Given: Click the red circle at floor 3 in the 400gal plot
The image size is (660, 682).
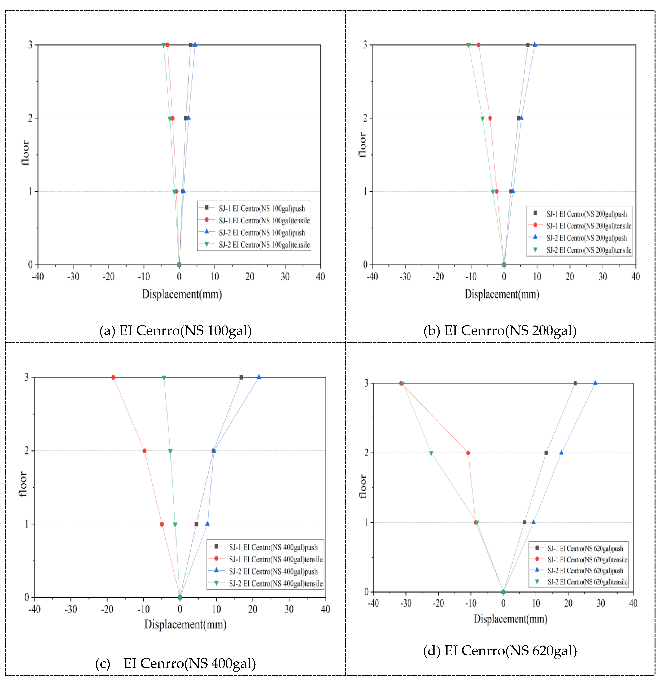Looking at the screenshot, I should (113, 377).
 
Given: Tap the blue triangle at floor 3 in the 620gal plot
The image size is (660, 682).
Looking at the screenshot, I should (595, 383).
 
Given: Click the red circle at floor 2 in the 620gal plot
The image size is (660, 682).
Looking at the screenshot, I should (468, 453).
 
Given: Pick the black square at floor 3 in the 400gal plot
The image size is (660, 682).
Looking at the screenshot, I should (241, 377).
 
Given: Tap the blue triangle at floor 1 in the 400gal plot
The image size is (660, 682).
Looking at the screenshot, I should (207, 524).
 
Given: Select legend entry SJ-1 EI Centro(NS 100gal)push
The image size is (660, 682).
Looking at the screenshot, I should (261, 208).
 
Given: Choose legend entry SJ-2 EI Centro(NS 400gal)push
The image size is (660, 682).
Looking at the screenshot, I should (273, 571).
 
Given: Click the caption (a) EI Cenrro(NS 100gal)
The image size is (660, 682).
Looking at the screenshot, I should (175, 330).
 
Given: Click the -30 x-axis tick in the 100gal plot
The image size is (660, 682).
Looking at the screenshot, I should (73, 277).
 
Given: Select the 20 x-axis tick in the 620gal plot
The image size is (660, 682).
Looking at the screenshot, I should (568, 603).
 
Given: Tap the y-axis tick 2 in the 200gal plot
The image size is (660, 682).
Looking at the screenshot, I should (365, 118).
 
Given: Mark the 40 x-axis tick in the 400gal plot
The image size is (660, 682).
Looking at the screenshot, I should (325, 609).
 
